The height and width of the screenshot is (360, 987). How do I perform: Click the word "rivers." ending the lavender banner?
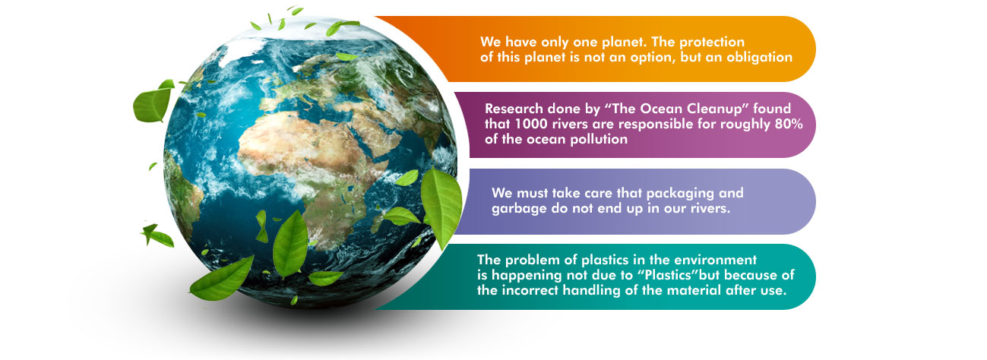[x=710, y=208]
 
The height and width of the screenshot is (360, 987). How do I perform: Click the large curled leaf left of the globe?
[x=152, y=103]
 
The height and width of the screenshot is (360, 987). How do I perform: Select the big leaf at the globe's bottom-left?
[x=222, y=279]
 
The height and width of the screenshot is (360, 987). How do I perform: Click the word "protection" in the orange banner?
[x=712, y=43]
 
